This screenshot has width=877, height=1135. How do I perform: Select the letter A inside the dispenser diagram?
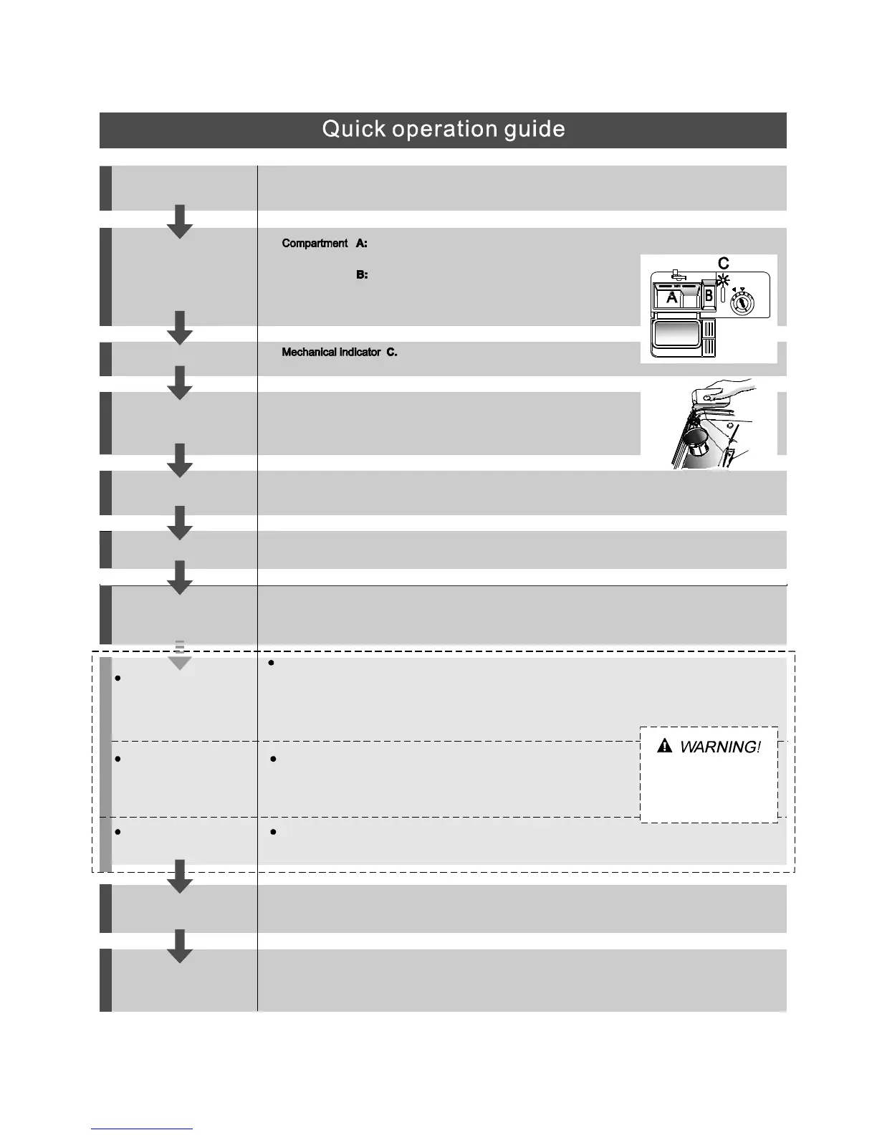671,297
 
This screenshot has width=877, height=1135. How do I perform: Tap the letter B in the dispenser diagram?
709,295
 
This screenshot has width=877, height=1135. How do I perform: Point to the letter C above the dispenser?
723,264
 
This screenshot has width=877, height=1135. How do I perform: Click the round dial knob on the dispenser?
742,304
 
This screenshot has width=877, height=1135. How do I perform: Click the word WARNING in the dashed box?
719,747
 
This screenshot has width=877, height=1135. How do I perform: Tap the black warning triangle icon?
664,747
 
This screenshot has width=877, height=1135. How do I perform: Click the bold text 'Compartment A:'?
325,244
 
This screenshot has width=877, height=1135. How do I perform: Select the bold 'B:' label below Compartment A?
362,274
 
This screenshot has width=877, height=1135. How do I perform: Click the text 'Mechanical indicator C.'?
339,353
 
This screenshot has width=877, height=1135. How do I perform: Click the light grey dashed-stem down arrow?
180,657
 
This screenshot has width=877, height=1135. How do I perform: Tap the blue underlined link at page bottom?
142,1129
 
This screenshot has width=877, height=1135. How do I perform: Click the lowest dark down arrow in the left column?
180,946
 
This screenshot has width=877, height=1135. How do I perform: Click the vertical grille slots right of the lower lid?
710,338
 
